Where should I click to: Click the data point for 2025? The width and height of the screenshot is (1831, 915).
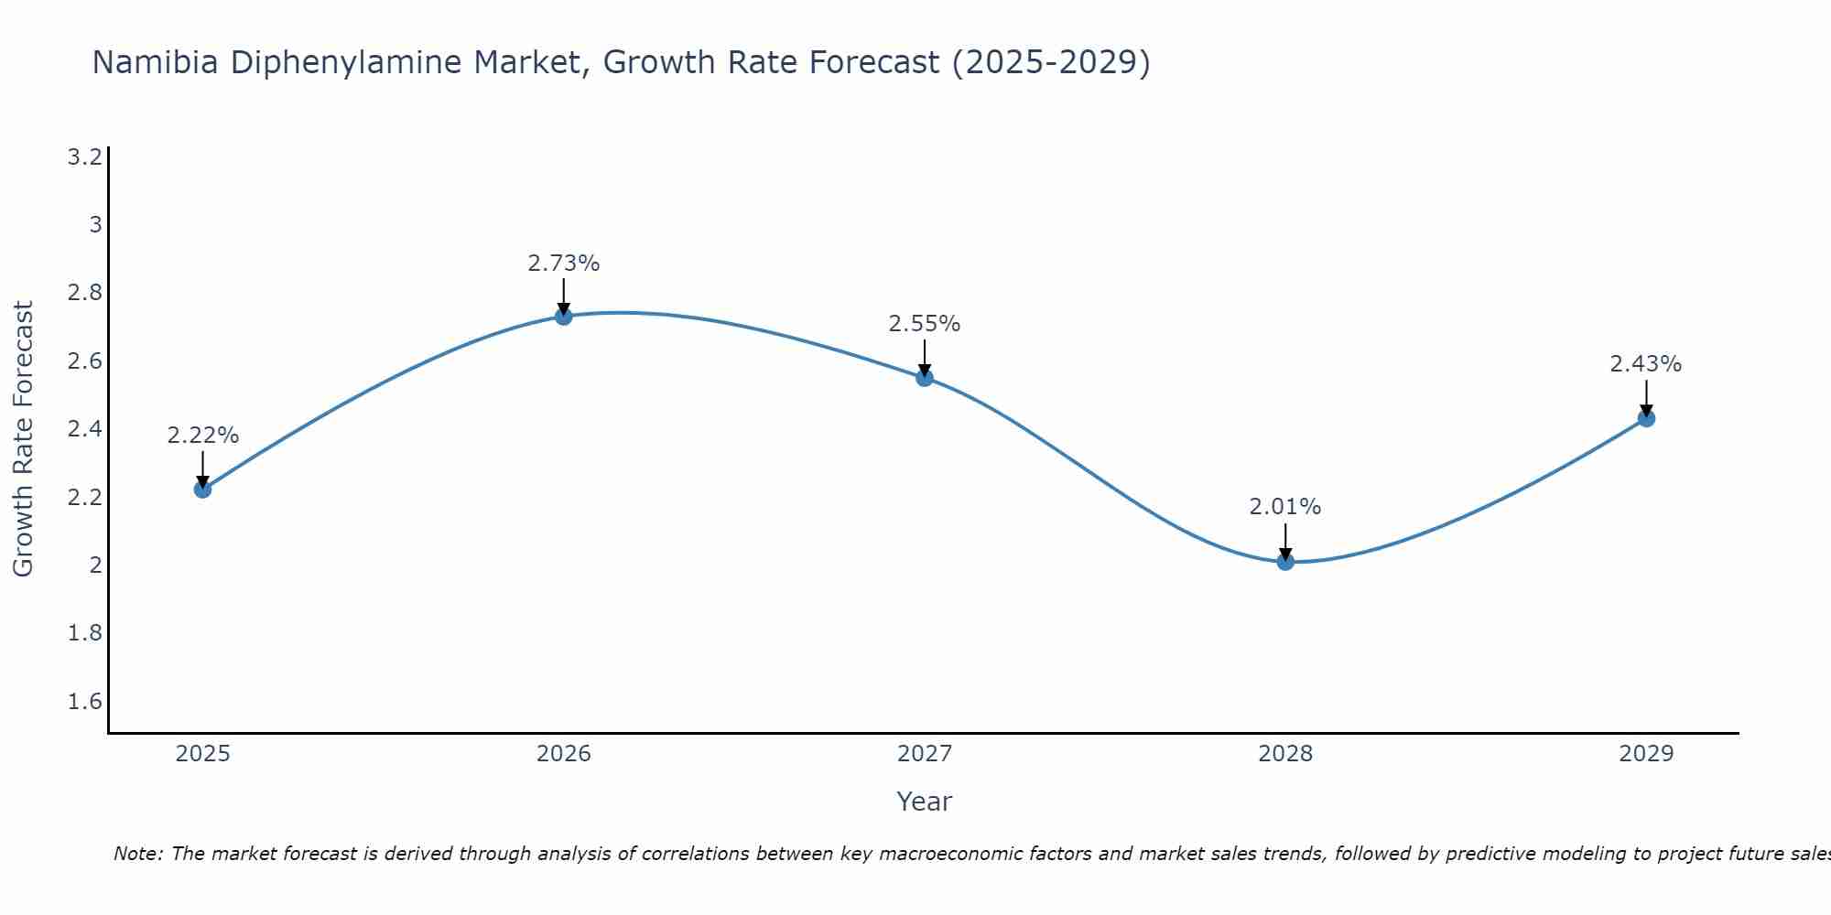tap(202, 489)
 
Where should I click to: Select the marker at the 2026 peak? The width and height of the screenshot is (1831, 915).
tap(564, 316)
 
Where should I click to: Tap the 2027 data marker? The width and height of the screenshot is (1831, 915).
tap(925, 377)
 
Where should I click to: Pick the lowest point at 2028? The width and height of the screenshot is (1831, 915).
tap(1285, 561)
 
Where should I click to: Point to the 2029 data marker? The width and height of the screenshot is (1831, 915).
tap(1646, 418)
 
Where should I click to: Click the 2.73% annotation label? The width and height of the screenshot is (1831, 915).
tap(564, 264)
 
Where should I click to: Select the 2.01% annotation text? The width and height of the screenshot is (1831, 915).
tap(1285, 507)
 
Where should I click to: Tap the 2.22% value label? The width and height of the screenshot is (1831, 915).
tap(202, 436)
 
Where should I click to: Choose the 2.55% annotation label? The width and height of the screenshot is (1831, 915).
tap(925, 324)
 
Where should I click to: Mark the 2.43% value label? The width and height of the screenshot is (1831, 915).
tap(1646, 364)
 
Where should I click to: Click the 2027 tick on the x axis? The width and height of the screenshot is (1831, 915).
tap(925, 754)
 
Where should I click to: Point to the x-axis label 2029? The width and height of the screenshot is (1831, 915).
tap(1646, 754)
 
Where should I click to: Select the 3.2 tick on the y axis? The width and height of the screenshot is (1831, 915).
tap(85, 157)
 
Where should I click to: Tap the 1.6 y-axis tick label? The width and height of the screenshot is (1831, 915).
tap(85, 702)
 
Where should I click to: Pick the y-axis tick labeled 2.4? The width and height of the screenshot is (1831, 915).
tap(85, 429)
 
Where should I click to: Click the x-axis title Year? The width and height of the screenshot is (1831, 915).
tap(925, 802)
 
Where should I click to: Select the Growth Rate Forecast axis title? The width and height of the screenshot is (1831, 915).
tap(23, 439)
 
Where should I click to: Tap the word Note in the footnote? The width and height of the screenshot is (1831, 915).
tap(137, 854)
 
